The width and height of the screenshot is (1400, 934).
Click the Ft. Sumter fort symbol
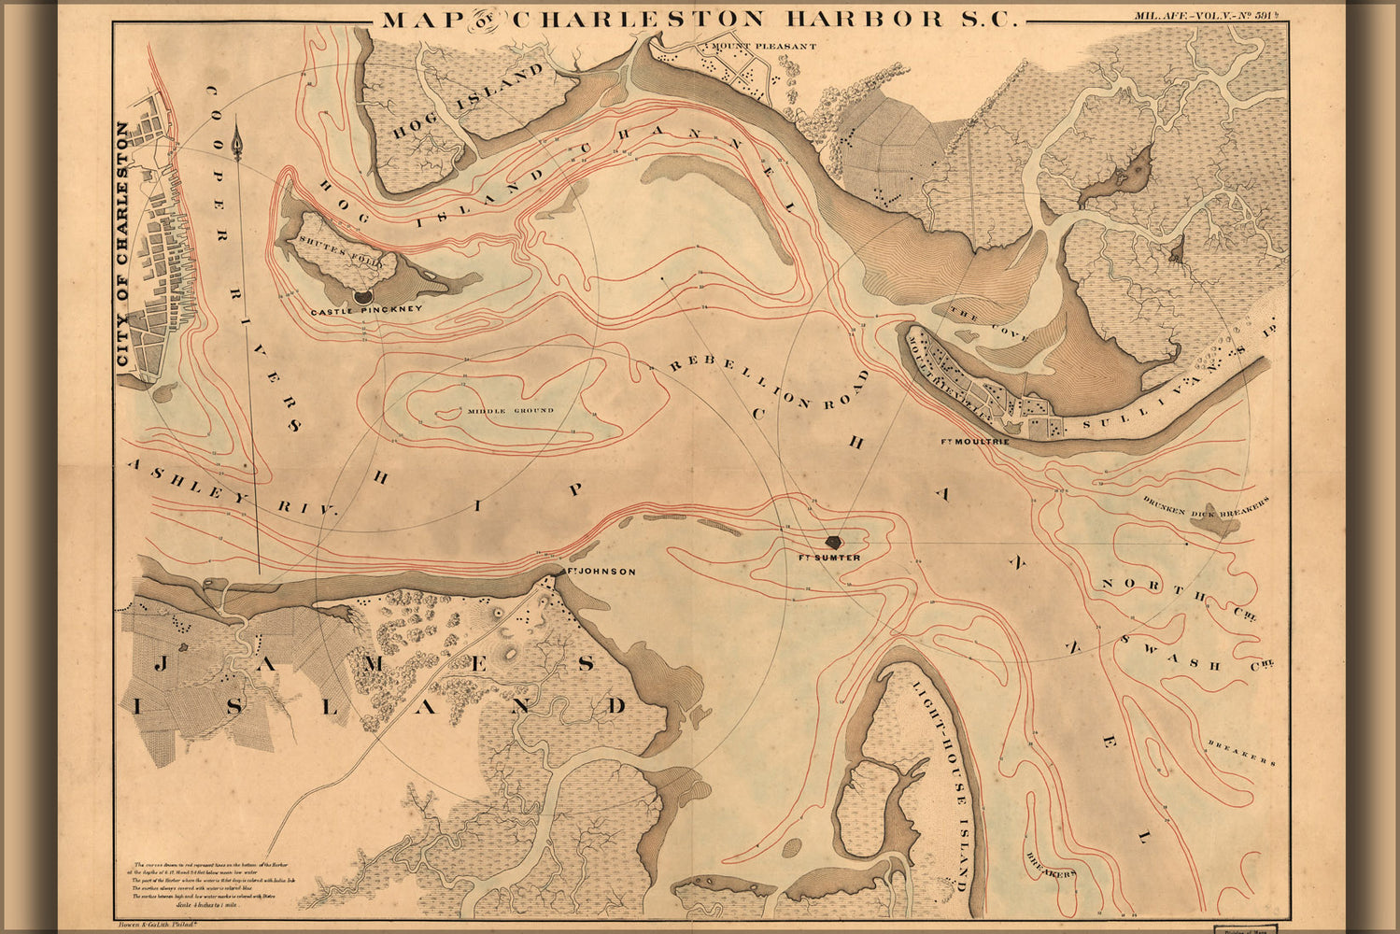[834, 541]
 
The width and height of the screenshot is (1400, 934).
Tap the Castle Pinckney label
[366, 309]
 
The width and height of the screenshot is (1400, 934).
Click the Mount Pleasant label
[763, 46]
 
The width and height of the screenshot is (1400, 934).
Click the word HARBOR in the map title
[893, 19]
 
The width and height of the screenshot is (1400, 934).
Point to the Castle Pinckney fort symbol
[362, 296]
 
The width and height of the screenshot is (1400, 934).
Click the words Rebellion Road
[768, 385]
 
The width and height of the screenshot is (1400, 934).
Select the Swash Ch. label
[1198, 654]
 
